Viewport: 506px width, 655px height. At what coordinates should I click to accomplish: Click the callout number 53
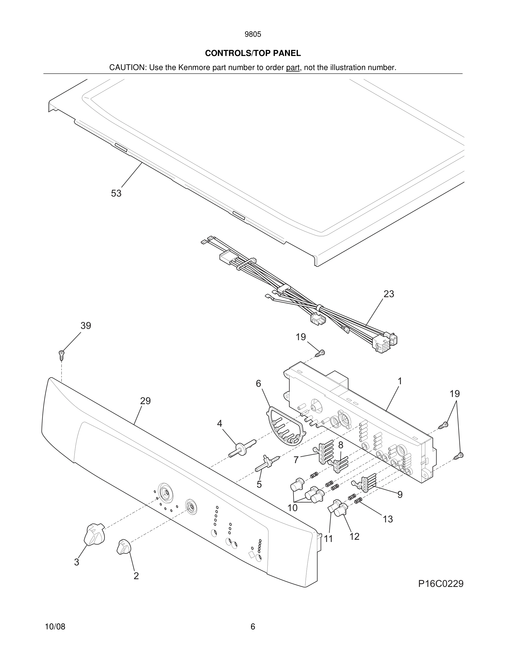tap(116, 194)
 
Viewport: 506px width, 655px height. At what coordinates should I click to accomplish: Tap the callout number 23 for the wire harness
tap(389, 294)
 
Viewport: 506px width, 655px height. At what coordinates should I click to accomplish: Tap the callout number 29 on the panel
tap(146, 401)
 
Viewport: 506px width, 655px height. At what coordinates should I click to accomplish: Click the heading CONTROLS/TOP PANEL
tap(253, 53)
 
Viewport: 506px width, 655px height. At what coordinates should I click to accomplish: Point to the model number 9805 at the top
tap(253, 34)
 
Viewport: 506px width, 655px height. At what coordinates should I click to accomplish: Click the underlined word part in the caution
tap(293, 68)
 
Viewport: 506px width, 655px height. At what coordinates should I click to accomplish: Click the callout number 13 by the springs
tap(387, 519)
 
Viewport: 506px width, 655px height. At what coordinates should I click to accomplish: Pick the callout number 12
tap(354, 536)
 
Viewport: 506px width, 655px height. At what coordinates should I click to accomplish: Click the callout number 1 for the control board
tap(400, 381)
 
